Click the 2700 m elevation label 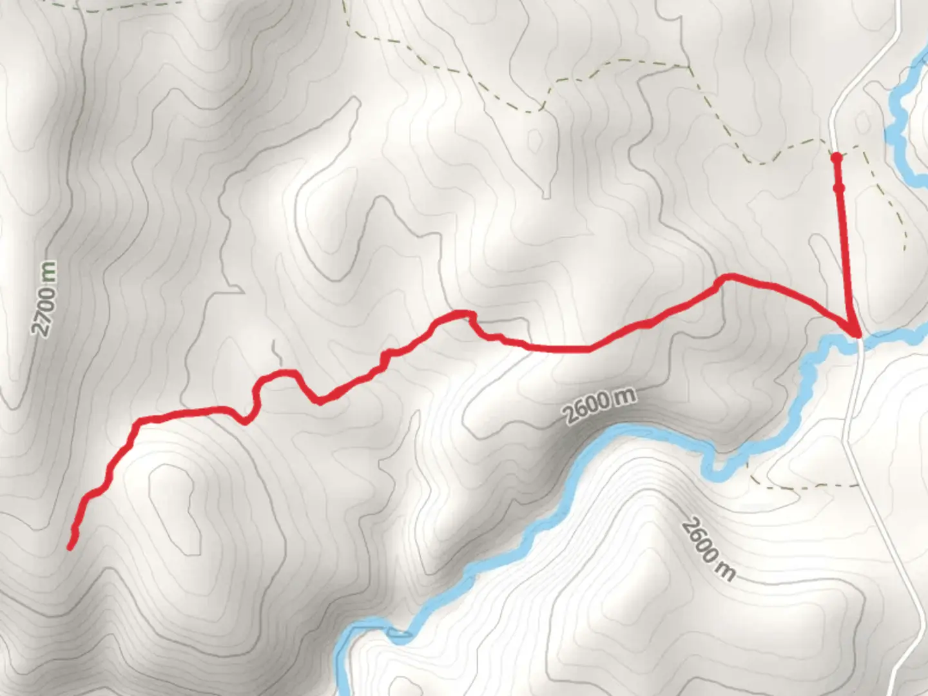click(x=44, y=298)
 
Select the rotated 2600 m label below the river click(x=707, y=549)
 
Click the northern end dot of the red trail click(x=836, y=157)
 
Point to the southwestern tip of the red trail click(x=70, y=548)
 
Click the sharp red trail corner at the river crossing click(x=857, y=333)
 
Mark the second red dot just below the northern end click(x=839, y=188)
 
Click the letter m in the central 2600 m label click(x=624, y=396)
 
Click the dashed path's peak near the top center click(x=622, y=61)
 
